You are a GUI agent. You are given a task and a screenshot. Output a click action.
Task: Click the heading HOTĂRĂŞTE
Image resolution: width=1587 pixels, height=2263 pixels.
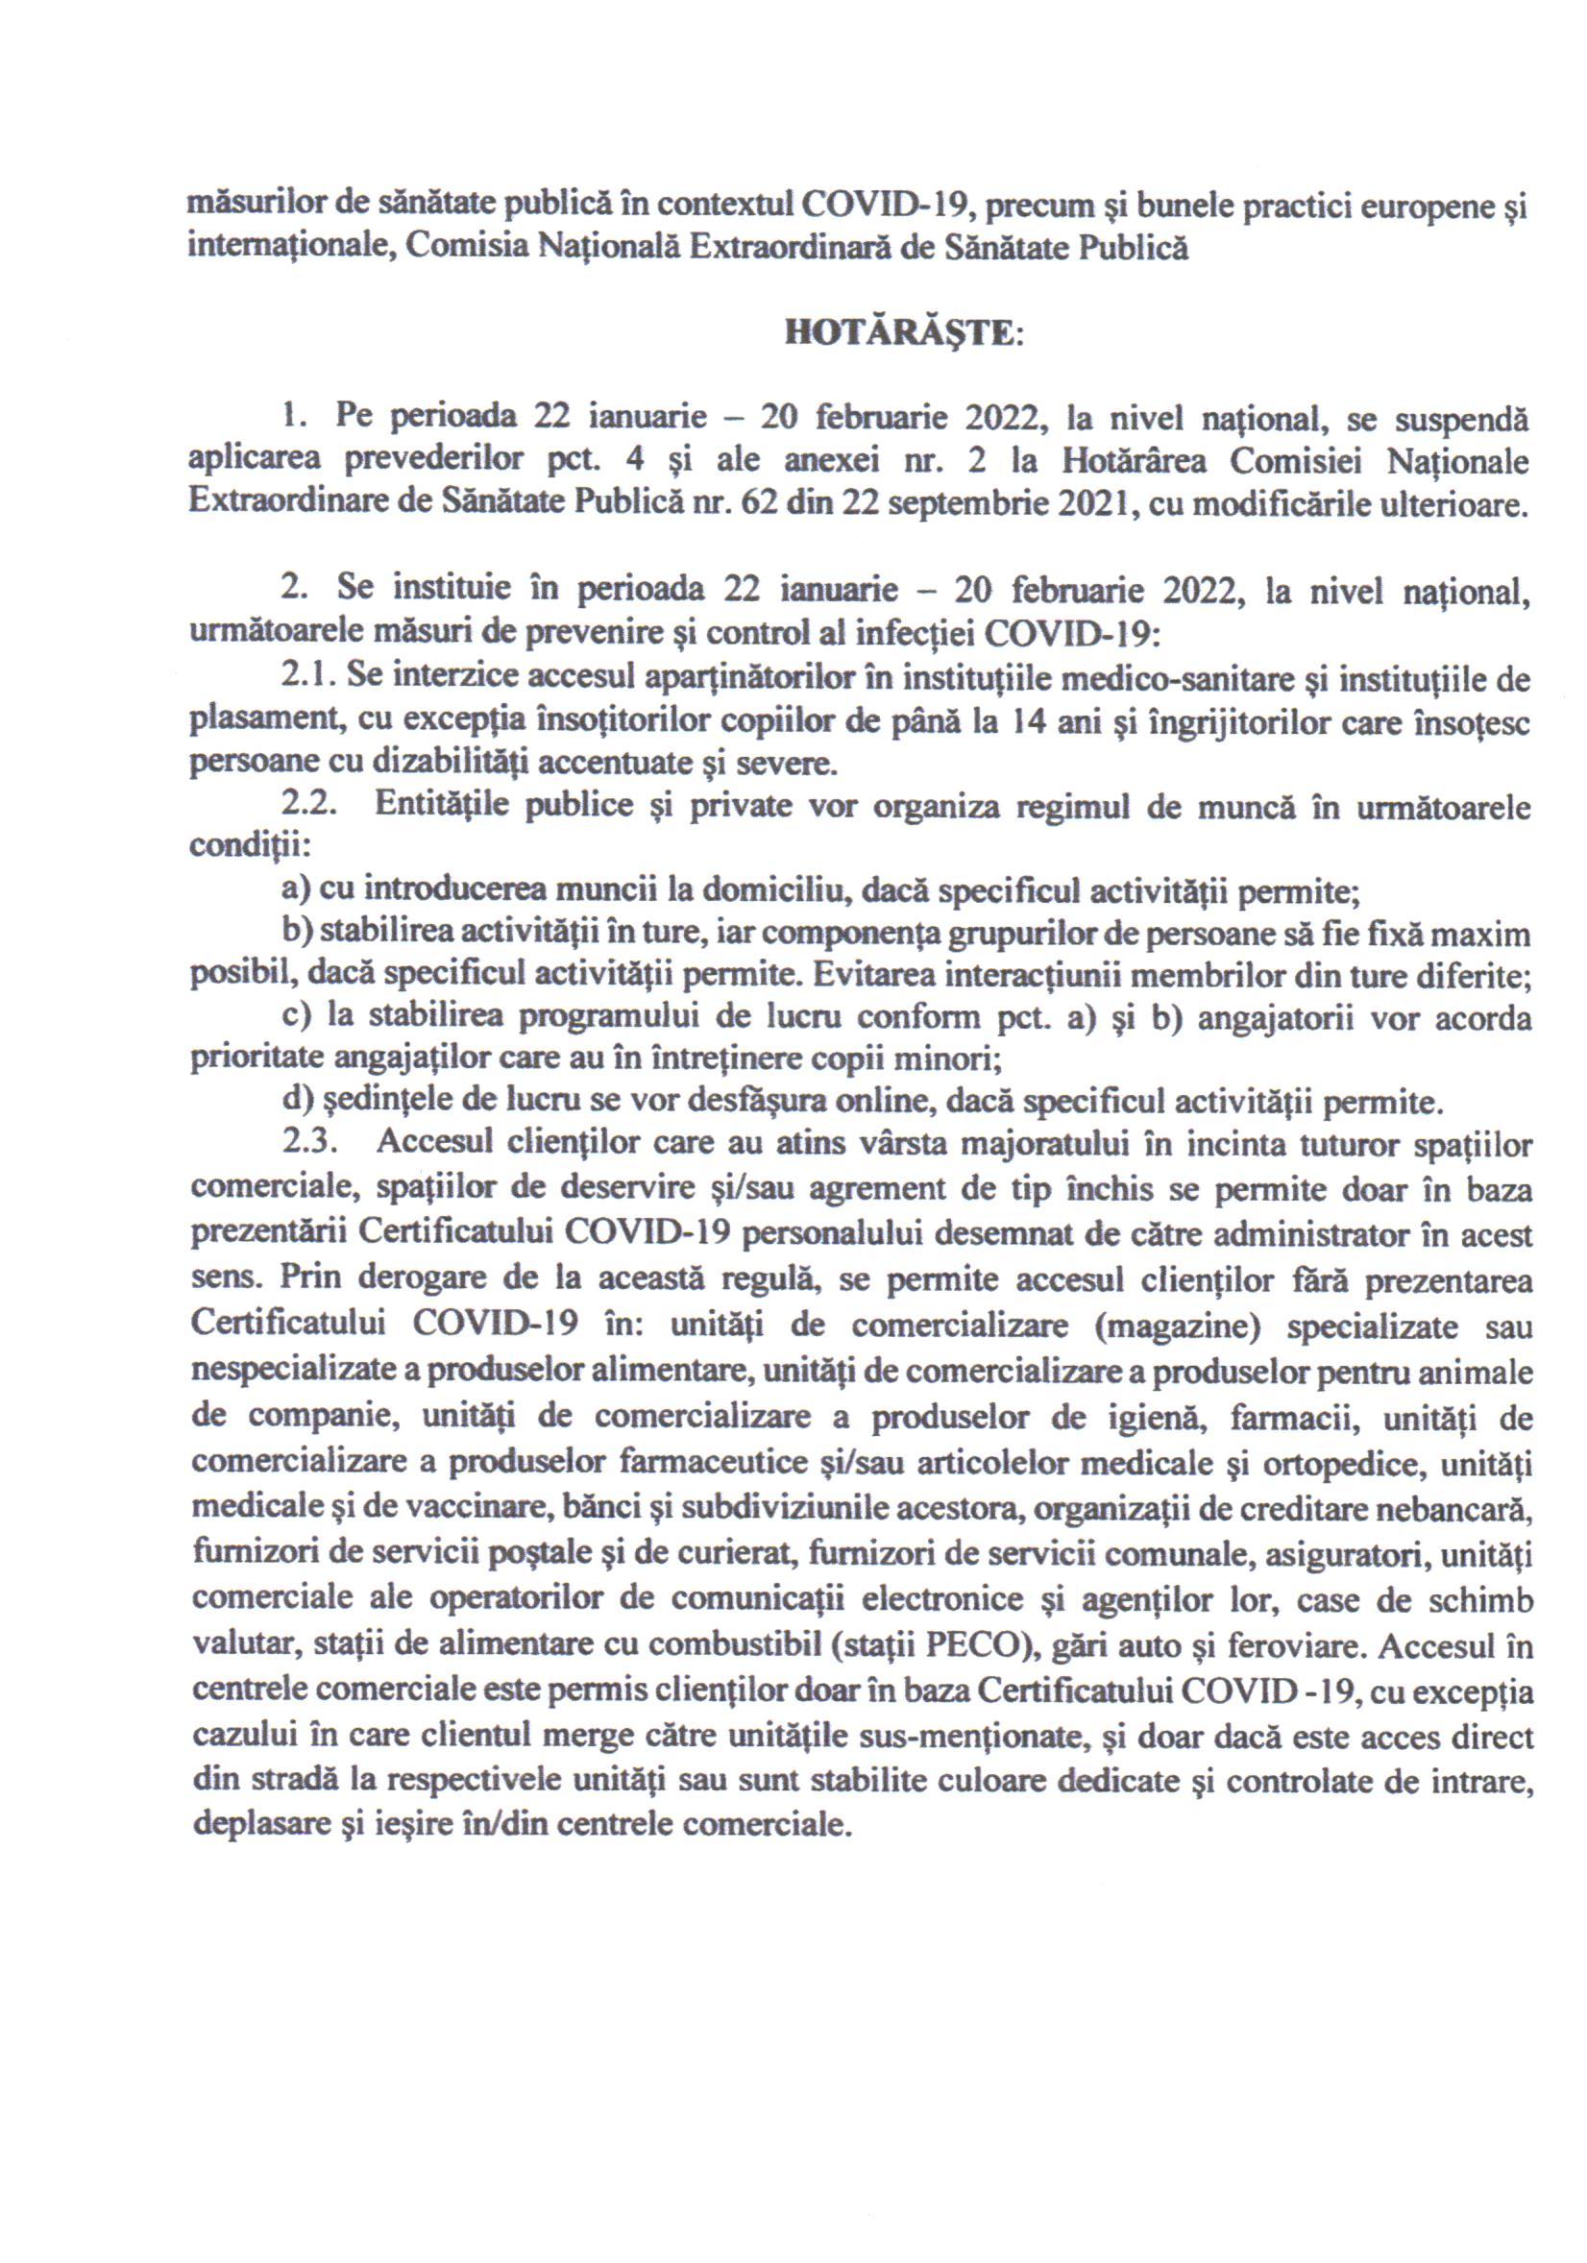click(x=903, y=334)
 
